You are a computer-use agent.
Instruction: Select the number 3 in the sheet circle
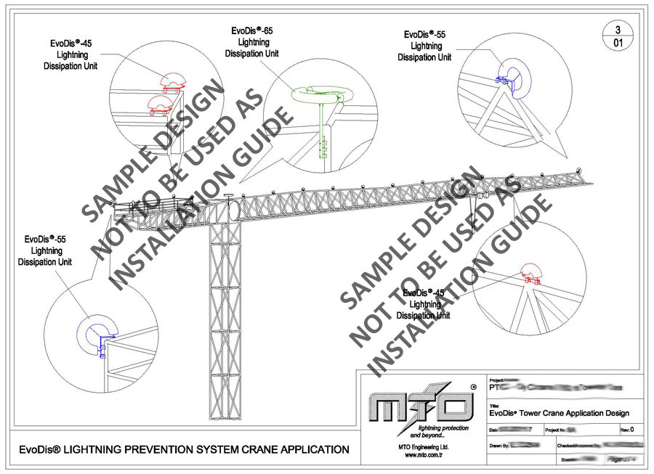[618, 30]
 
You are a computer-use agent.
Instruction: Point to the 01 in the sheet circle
[618, 44]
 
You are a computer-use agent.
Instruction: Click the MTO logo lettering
[415, 406]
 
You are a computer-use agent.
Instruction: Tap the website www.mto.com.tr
[419, 454]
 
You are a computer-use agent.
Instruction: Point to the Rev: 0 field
[628, 430]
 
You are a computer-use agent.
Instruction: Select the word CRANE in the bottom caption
[268, 450]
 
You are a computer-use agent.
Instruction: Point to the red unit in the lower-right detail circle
[530, 275]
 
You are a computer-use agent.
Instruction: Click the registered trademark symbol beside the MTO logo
[473, 388]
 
